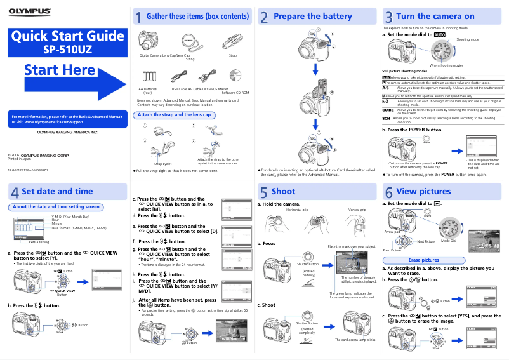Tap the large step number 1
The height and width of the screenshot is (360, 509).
(138, 18)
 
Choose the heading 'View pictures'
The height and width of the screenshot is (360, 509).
(423, 191)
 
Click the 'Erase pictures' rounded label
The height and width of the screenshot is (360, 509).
(423, 260)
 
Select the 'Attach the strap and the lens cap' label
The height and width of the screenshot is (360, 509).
(174, 115)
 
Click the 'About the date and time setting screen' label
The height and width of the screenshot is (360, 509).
(56, 206)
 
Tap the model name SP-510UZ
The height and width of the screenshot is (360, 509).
(68, 48)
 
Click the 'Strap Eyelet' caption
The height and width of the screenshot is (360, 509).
(163, 164)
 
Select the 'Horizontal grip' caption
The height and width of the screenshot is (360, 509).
(297, 210)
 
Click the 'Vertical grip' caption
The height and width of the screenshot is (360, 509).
(357, 210)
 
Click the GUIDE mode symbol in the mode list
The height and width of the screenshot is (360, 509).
(387, 110)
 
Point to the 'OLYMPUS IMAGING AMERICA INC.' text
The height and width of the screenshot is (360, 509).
(67, 132)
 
